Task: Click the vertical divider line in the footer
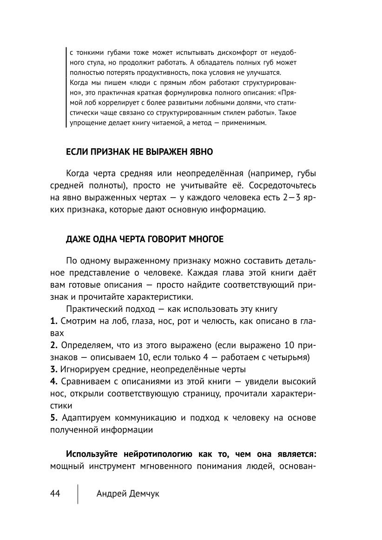point(78,494)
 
